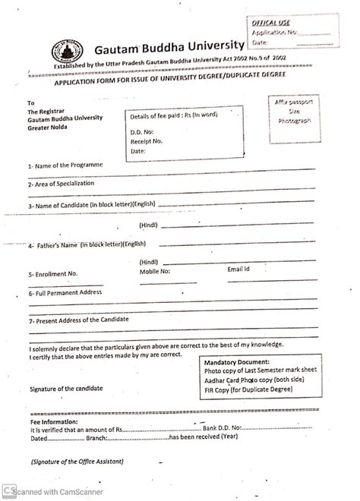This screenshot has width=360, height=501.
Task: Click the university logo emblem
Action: (66, 51)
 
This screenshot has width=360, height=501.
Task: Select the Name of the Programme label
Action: (65, 165)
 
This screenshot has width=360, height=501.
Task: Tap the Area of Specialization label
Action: (63, 184)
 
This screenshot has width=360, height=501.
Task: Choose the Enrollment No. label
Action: (53, 274)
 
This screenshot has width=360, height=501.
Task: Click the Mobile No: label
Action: (155, 271)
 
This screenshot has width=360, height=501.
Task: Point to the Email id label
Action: (238, 269)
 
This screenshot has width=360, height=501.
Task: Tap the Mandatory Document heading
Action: (237, 362)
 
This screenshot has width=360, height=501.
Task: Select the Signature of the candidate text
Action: (67, 388)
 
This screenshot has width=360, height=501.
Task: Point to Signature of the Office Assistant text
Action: (77, 461)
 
